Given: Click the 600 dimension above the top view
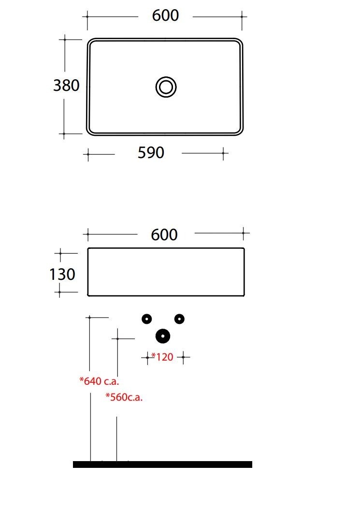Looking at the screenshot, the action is click(165, 15).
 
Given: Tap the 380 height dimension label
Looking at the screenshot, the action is click(66, 86).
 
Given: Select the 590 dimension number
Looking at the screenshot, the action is click(151, 153).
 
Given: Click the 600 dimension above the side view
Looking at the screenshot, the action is click(164, 234).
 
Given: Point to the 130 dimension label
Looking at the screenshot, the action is click(62, 275).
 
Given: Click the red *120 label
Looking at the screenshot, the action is click(162, 357).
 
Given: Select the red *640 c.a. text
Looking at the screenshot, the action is click(99, 381).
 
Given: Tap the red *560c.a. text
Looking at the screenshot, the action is click(124, 397).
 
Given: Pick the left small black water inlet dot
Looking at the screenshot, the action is click(147, 319).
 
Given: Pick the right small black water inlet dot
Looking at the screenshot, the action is click(179, 319).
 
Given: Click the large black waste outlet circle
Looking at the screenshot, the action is click(163, 336).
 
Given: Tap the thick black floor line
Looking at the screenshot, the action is click(163, 464).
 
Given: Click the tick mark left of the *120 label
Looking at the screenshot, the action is click(147, 358).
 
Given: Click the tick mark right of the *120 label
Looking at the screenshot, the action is click(184, 357).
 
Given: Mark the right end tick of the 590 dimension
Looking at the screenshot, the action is click(223, 153).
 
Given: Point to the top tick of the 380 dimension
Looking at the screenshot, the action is click(65, 40).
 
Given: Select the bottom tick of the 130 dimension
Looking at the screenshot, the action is click(59, 292).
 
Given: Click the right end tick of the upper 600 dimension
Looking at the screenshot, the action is click(242, 16).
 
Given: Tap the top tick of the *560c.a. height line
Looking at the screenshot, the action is click(117, 339).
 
